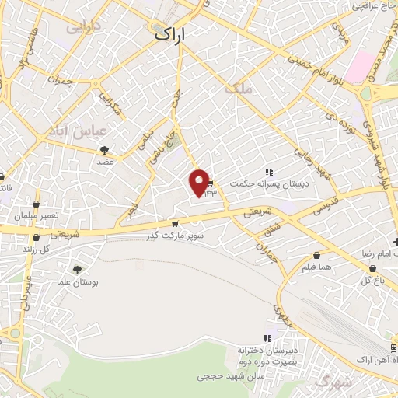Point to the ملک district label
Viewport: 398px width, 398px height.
coord(239,90)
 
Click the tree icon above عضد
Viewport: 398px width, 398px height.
coord(105,150)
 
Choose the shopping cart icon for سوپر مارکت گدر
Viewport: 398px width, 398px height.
coord(163,224)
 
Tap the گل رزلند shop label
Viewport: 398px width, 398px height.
coord(36,249)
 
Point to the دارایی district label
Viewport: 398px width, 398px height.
coord(84,27)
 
